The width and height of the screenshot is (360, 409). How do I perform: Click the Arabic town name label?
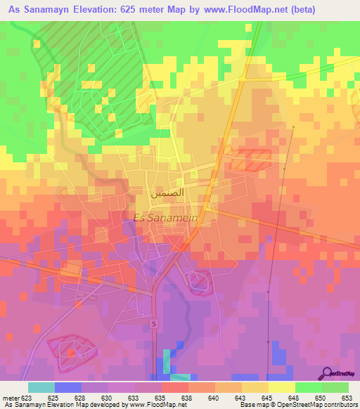click(x=168, y=192)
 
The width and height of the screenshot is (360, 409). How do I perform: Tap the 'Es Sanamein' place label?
click(x=163, y=218)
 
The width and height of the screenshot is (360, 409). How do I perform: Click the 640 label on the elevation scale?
click(x=212, y=398)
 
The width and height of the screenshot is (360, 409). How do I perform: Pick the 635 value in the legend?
click(x=160, y=398)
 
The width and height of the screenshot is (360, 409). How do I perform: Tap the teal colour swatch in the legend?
click(x=41, y=387)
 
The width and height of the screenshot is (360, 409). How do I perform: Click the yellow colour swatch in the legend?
click(x=281, y=387)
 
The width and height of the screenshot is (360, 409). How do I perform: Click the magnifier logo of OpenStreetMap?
click(x=326, y=374)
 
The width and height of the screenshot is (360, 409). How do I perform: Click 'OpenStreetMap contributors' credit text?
click(x=309, y=405)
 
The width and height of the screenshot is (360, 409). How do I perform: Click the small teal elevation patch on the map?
click(x=166, y=361)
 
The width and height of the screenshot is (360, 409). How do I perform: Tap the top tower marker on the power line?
click(x=292, y=127)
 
